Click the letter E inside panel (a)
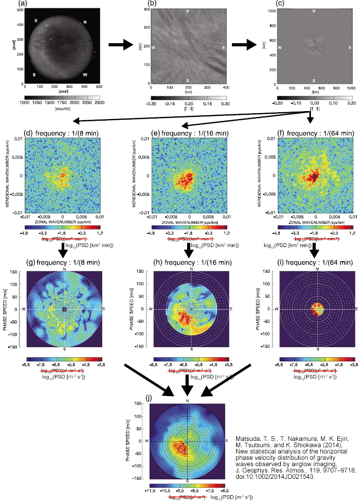tap(36, 21)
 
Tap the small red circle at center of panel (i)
tap(318, 309)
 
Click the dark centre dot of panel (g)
tap(64, 309)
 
